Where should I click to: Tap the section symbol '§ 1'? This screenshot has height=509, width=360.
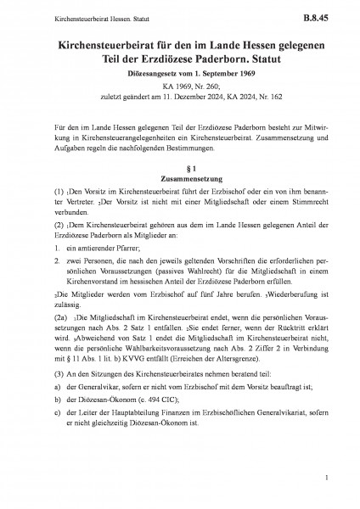pyautogui.click(x=178, y=168)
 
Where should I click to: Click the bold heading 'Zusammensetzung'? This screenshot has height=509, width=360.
pyautogui.click(x=178, y=179)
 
